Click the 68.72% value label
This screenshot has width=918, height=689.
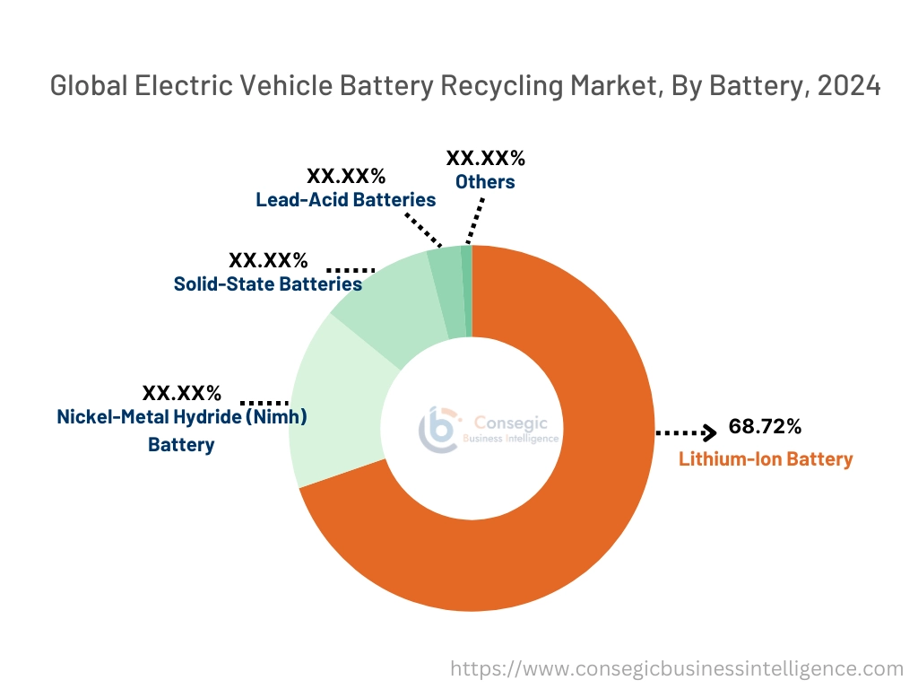(x=764, y=426)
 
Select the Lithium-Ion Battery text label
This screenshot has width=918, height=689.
(x=765, y=458)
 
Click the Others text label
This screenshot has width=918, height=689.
(x=485, y=182)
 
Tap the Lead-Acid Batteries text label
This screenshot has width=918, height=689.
(x=345, y=199)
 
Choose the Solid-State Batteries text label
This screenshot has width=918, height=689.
(x=267, y=284)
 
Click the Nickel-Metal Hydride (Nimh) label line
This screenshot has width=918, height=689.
(x=182, y=417)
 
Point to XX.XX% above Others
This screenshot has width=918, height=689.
(x=485, y=159)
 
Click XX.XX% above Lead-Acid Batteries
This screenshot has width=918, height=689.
(x=346, y=175)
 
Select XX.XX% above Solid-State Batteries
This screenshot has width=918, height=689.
(x=268, y=260)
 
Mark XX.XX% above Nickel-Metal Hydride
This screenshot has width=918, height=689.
(x=181, y=393)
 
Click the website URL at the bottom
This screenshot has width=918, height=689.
(x=676, y=668)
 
